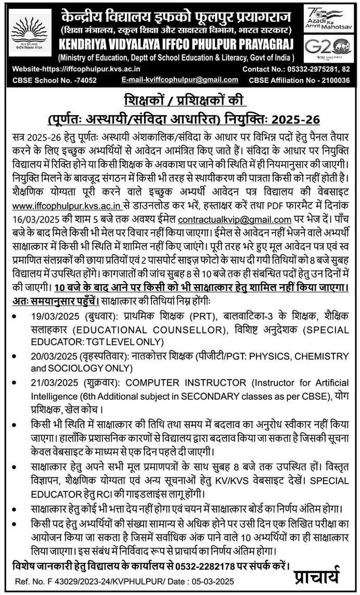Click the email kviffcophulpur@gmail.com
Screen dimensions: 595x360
(179, 80)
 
